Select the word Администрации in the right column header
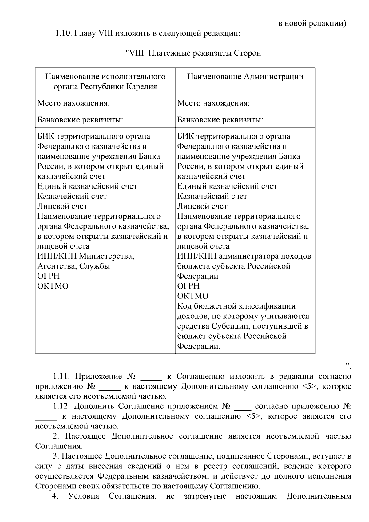click(273, 77)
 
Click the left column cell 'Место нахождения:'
click(73, 103)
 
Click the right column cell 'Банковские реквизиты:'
click(220, 119)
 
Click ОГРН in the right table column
click(188, 286)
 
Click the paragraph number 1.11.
click(62, 377)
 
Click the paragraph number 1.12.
click(62, 406)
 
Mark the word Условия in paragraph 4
click(84, 496)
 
